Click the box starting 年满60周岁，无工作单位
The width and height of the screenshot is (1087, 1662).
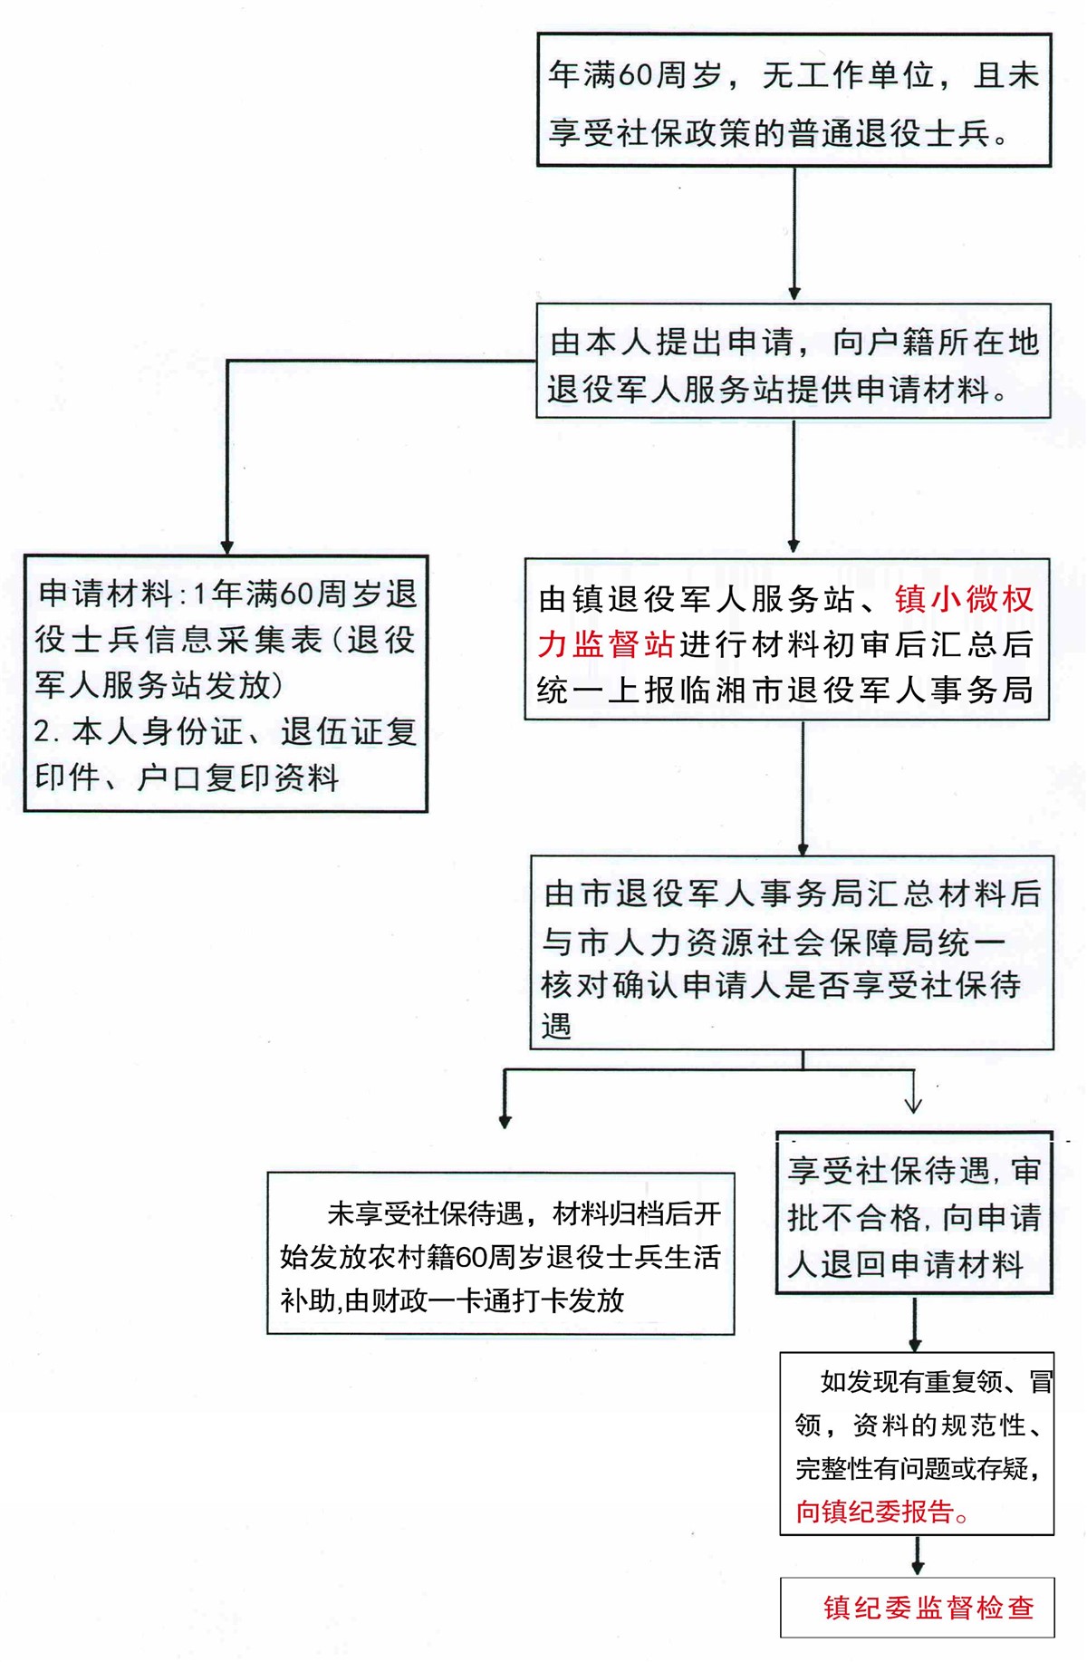coord(794,100)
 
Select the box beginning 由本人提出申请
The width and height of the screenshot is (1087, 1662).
coord(794,361)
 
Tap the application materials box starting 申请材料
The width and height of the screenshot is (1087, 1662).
coord(226,683)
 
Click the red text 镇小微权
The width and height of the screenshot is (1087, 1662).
coord(964,599)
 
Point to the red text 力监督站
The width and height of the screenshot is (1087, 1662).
coord(606,644)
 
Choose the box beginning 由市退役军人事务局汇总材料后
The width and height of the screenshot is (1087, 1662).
coord(792,952)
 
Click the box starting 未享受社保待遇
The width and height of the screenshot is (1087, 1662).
coord(500,1253)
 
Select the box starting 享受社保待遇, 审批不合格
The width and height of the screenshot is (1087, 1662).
coord(914,1213)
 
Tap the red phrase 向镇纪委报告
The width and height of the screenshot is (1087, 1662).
coord(876,1512)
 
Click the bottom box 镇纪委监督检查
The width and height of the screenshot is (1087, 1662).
coord(917,1608)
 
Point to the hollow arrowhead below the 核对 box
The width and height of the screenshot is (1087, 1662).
coord(913,1103)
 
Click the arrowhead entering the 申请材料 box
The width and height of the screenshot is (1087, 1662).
coord(227,547)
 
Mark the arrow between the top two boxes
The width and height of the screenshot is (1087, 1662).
coord(794,234)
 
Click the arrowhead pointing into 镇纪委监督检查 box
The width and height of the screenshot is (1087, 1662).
coord(918,1569)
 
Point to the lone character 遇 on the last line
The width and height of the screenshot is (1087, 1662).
coord(556,1027)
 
